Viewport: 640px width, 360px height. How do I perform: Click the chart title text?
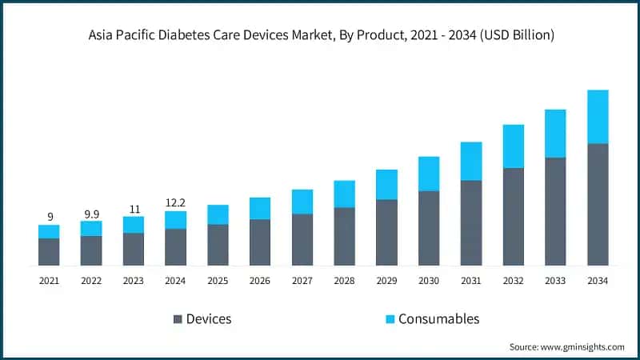coord(320,35)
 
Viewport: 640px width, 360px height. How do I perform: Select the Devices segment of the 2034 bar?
coord(598,205)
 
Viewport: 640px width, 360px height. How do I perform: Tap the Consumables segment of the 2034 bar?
coord(598,117)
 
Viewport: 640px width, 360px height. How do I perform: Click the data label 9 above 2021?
coord(50,217)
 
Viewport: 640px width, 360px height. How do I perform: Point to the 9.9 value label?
coord(91,214)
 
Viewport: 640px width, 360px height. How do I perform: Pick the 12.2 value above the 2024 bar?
coord(175,203)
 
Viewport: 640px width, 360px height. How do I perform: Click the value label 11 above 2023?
coord(134,209)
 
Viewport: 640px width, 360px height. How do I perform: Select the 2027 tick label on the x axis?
coord(302,281)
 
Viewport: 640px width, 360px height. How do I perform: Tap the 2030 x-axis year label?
coord(429,281)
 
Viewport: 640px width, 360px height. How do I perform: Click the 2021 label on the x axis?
coord(50,281)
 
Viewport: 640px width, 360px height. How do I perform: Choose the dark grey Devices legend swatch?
coord(178,319)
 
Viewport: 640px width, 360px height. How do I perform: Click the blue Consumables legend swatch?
coord(390,319)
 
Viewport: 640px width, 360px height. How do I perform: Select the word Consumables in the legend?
coord(440,319)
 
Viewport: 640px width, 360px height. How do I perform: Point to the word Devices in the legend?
coord(209,319)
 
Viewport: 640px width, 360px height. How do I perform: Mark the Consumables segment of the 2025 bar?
coord(218,214)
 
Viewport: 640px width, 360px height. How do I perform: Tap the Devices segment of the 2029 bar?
coord(386,232)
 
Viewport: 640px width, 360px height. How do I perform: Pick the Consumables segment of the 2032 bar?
coord(513,146)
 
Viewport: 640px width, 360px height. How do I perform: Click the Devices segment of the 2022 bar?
coord(91,250)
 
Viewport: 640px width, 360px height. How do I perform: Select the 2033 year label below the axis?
coord(555,281)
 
